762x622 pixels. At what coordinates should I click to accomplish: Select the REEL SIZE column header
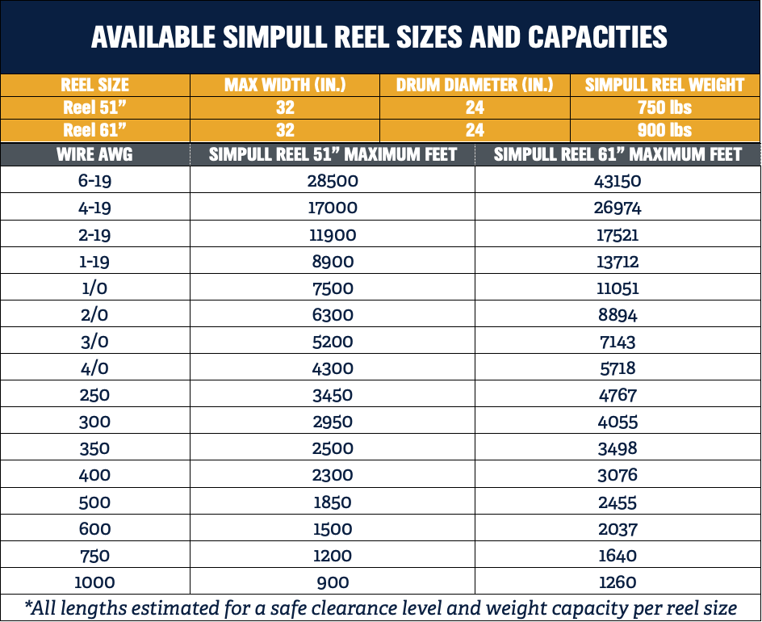[94, 85]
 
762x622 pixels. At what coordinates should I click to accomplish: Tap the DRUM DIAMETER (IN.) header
[475, 85]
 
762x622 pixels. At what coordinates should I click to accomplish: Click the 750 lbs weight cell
[665, 107]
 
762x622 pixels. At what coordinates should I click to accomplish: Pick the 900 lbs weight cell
[665, 130]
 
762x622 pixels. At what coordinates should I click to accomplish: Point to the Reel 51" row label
[94, 107]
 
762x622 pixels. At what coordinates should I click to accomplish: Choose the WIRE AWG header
[94, 154]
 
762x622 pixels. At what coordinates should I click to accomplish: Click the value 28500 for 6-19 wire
[333, 181]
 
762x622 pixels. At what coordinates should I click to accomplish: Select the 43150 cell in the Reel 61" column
[618, 181]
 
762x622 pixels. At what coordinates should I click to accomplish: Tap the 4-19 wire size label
[94, 208]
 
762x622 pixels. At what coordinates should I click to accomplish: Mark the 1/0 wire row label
[94, 288]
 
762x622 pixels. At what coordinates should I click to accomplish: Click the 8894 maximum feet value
[618, 315]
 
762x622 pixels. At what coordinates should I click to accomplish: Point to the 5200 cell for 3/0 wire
[333, 342]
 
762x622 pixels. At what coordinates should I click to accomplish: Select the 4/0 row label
[94, 368]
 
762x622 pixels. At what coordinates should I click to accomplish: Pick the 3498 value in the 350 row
[618, 448]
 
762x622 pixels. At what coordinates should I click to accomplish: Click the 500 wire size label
[94, 502]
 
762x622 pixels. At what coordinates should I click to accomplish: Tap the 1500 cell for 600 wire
[333, 529]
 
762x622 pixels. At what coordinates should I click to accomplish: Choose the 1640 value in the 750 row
[618, 556]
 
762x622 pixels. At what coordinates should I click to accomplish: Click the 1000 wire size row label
[94, 582]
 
